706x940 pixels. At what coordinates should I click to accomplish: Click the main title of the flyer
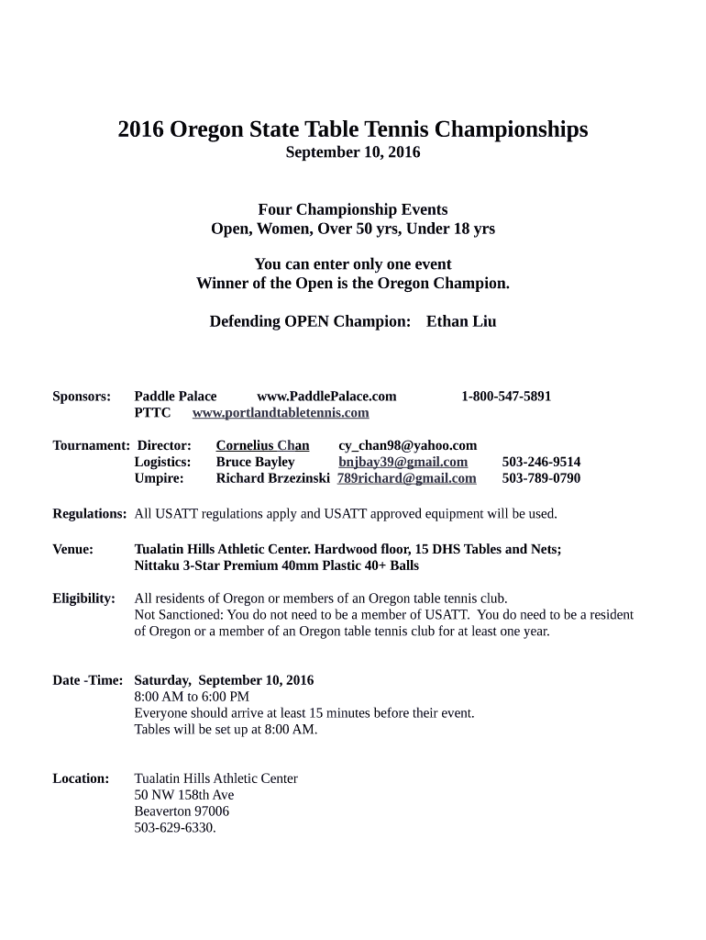pyautogui.click(x=353, y=129)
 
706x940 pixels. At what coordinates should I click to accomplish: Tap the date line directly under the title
pyautogui.click(x=353, y=152)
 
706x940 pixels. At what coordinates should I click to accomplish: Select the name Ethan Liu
pyautogui.click(x=461, y=321)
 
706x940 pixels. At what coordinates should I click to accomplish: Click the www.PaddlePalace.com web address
pyautogui.click(x=326, y=397)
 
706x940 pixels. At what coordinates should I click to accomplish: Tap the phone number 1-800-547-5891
pyautogui.click(x=506, y=397)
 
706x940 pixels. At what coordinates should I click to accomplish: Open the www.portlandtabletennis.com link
pyautogui.click(x=281, y=413)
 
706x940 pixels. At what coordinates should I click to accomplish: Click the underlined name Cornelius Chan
pyautogui.click(x=262, y=445)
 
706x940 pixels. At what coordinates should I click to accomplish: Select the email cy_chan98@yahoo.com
pyautogui.click(x=408, y=445)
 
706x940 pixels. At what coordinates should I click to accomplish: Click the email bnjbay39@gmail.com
pyautogui.click(x=403, y=462)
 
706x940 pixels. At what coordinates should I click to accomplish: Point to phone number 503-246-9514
pyautogui.click(x=541, y=462)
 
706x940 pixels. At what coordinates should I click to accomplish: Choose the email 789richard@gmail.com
pyautogui.click(x=407, y=478)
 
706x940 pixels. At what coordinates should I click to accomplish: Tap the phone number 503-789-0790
pyautogui.click(x=541, y=478)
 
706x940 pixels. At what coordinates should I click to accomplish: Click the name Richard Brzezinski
pyautogui.click(x=272, y=478)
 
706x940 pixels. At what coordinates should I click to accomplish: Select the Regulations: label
pyautogui.click(x=89, y=513)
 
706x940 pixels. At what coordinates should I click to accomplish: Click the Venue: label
pyautogui.click(x=72, y=549)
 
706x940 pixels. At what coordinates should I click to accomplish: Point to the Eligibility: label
pyautogui.click(x=83, y=599)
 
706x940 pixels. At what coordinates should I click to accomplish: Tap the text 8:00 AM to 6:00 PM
pyautogui.click(x=192, y=697)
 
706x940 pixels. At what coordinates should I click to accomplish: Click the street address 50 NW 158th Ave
pyautogui.click(x=183, y=795)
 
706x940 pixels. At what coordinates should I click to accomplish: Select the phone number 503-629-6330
pyautogui.click(x=175, y=828)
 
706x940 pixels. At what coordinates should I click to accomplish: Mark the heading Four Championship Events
pyautogui.click(x=353, y=210)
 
